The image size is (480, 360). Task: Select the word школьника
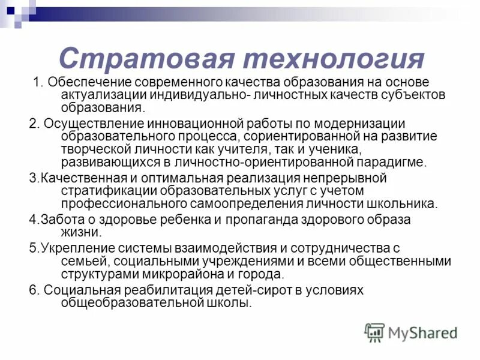pyautogui.click(x=406, y=203)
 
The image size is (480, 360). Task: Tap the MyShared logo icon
pyautogui.click(x=375, y=332)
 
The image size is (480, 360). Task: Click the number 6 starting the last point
pyautogui.click(x=33, y=290)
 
